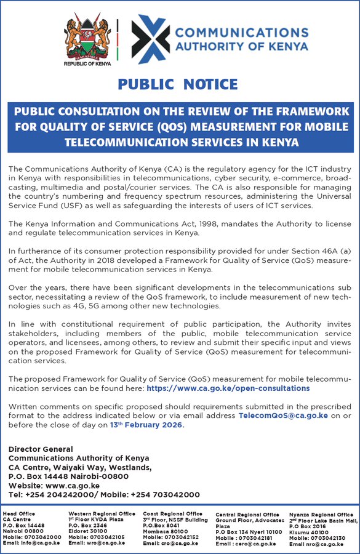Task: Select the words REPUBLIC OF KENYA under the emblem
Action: (x=87, y=63)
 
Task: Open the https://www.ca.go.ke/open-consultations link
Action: (x=228, y=388)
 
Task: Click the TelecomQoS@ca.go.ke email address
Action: (x=282, y=415)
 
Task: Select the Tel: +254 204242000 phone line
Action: (x=52, y=495)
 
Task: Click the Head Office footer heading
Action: (x=19, y=514)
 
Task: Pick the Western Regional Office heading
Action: (x=102, y=513)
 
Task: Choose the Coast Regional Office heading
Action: (x=173, y=513)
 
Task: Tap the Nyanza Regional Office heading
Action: (x=321, y=515)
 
